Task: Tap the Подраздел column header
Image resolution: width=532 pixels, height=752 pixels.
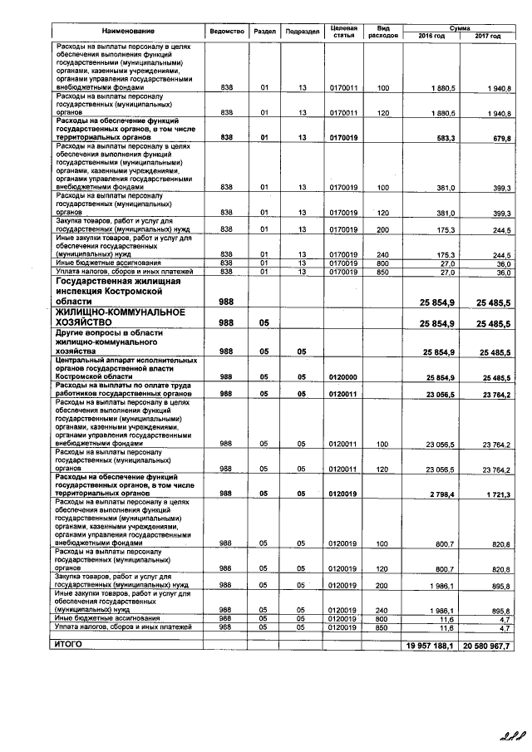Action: tap(303, 32)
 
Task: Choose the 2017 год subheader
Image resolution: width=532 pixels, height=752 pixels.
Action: tap(487, 37)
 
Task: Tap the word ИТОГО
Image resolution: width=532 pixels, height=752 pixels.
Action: tap(69, 644)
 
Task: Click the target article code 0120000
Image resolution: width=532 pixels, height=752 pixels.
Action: tap(342, 376)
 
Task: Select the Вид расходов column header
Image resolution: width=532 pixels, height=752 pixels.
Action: tap(383, 32)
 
